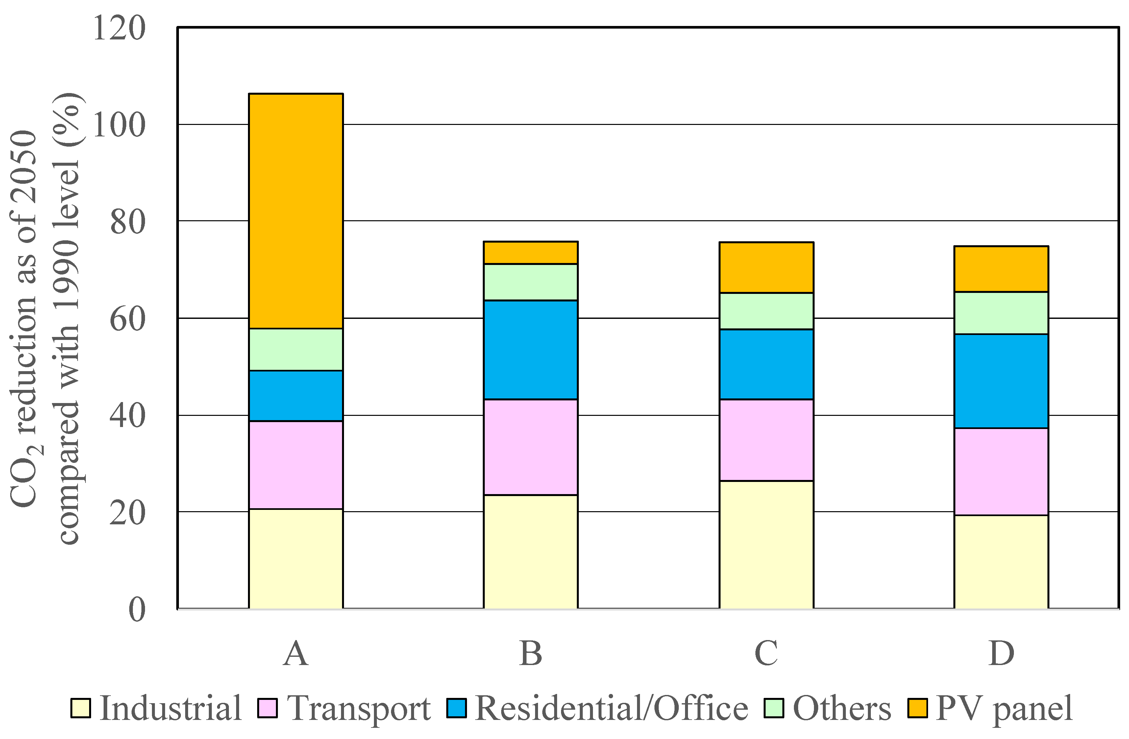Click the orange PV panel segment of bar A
(296, 211)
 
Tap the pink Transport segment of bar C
(766, 440)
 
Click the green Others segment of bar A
(296, 349)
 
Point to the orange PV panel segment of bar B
(530, 253)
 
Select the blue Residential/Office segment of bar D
(1001, 381)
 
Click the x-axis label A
(296, 653)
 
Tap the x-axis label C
(766, 653)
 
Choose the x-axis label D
(1001, 653)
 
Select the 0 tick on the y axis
(136, 609)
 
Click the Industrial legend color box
(81, 708)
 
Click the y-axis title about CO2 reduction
(45, 318)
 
